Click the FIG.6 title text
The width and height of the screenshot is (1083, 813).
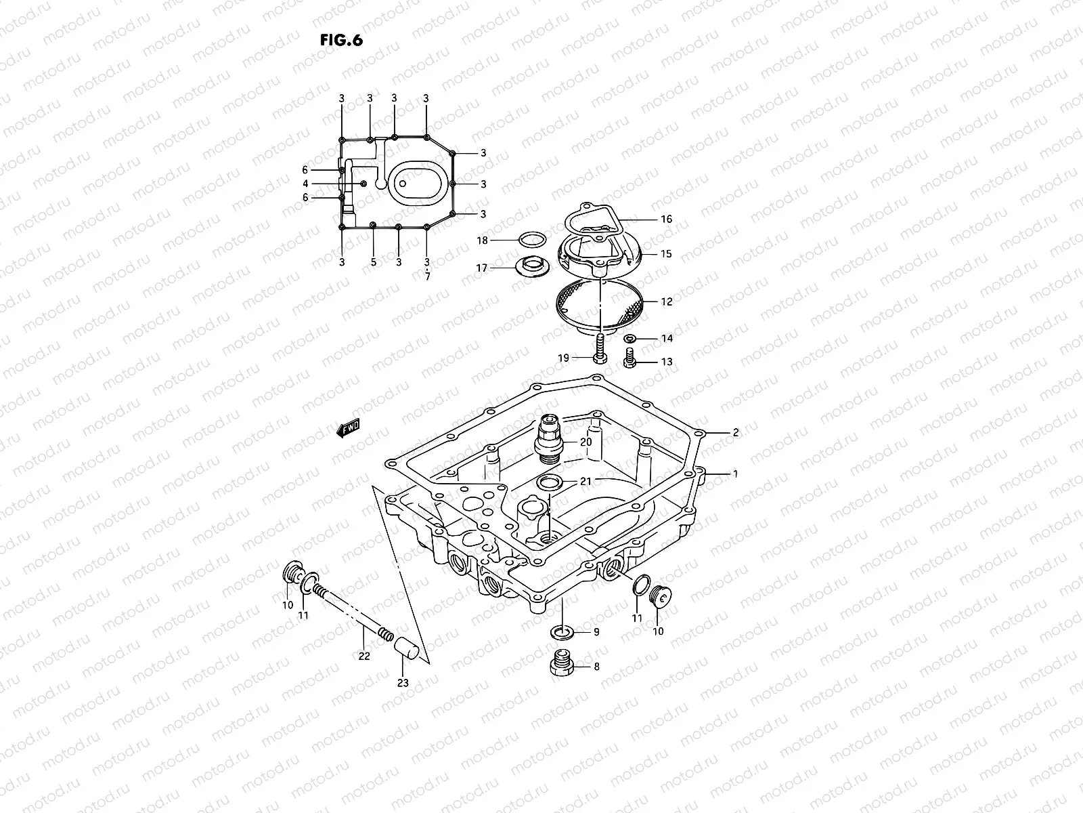(341, 40)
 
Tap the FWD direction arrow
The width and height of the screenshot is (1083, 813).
(348, 428)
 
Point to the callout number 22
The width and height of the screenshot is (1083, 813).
(364, 656)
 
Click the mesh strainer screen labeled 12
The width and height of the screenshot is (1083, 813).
(599, 306)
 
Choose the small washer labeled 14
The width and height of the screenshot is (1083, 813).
(629, 338)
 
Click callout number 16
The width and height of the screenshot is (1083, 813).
(666, 219)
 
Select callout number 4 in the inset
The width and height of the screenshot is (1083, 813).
(306, 184)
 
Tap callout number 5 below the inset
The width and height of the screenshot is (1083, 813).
(373, 262)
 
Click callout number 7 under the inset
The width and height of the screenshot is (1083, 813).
(427, 277)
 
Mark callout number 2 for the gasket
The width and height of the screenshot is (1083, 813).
(735, 432)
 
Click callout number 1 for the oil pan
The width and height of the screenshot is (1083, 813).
(735, 474)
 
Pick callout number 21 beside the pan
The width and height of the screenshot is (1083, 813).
(585, 482)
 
